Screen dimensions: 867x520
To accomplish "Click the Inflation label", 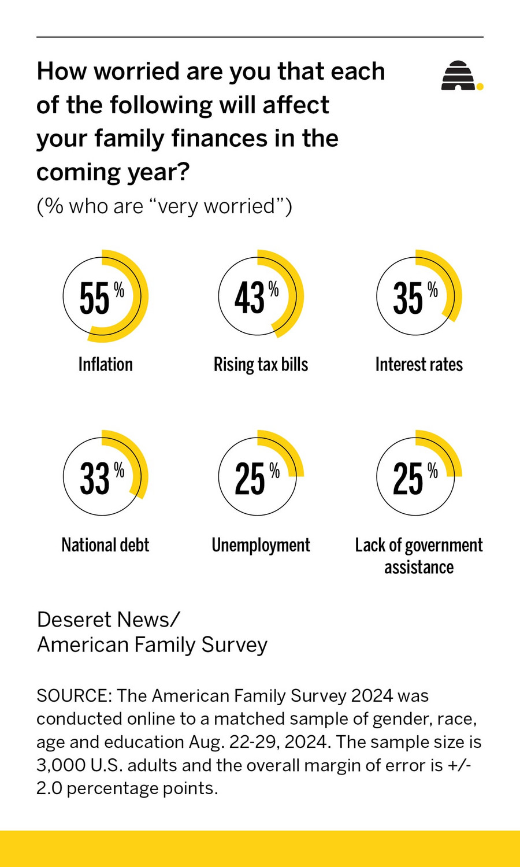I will [x=105, y=365].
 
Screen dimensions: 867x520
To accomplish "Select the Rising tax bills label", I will [x=261, y=365].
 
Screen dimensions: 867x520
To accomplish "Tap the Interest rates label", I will [x=419, y=365].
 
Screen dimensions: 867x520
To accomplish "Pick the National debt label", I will [x=105, y=545].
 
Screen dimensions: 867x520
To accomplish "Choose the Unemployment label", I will [x=261, y=545].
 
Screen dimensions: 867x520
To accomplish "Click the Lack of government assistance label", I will [x=419, y=555].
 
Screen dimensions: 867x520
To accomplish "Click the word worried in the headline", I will [x=136, y=72].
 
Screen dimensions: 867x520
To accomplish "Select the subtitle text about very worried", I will [x=164, y=206].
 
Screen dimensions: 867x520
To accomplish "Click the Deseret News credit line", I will [x=109, y=620].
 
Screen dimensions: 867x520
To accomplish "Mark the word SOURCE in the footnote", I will [x=73, y=695].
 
